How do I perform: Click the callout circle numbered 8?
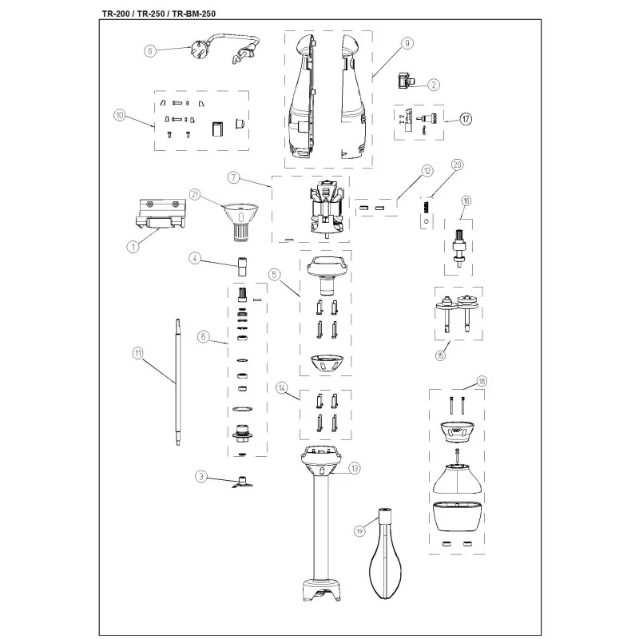click(x=150, y=51)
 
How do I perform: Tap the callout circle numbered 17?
click(x=466, y=119)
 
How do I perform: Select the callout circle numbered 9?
click(x=407, y=43)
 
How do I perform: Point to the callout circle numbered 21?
click(x=195, y=194)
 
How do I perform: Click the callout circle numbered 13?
click(x=355, y=468)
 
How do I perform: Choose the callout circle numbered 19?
click(x=359, y=531)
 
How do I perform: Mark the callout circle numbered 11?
click(x=138, y=353)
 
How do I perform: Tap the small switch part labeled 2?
click(x=404, y=80)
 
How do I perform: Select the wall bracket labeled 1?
click(x=161, y=214)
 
